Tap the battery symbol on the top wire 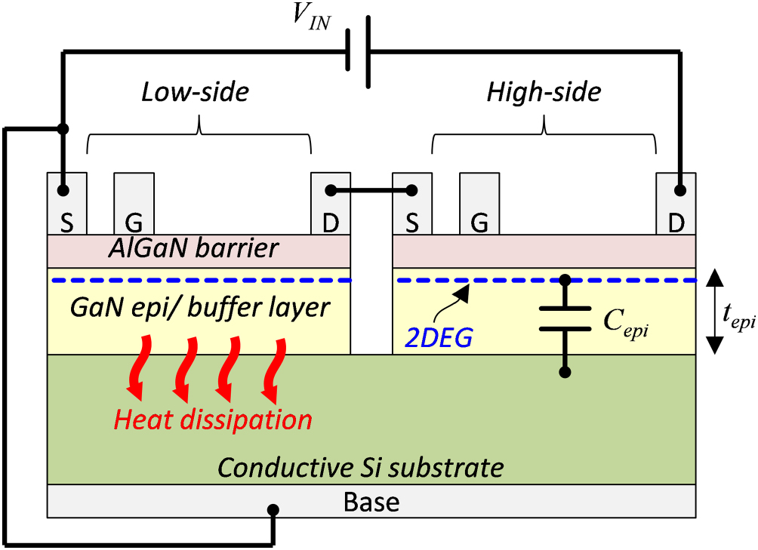(357, 51)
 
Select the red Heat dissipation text (213, 419)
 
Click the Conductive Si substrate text (361, 468)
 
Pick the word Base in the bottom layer (371, 501)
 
